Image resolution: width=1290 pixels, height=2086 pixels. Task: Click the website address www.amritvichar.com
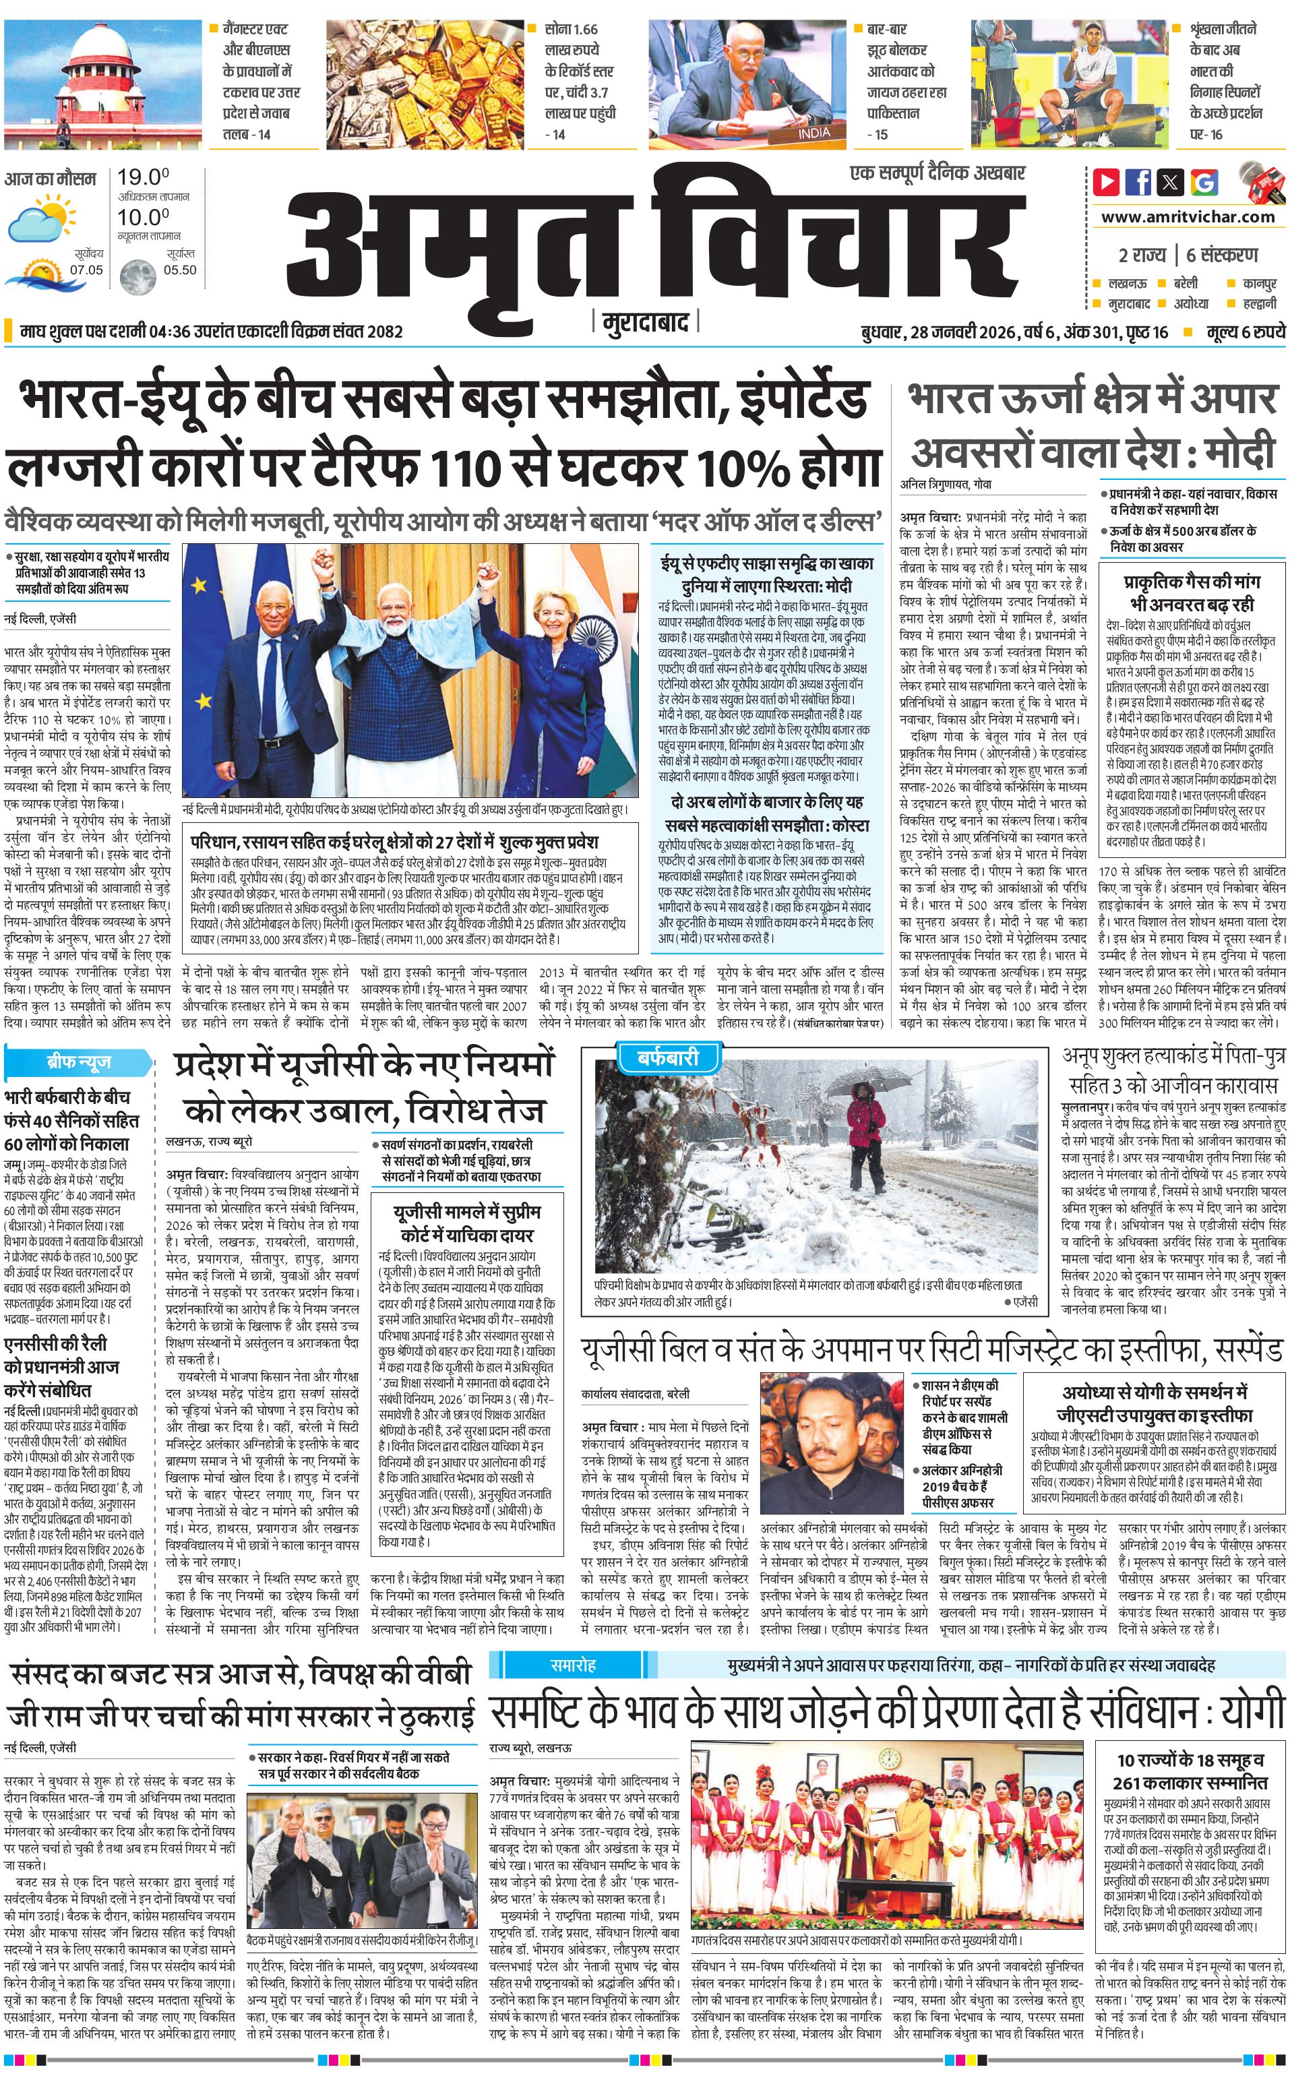pyautogui.click(x=1188, y=217)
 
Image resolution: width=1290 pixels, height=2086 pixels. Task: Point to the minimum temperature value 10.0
pyautogui.click(x=142, y=217)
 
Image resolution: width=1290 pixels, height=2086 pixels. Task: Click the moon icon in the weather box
pyautogui.click(x=137, y=277)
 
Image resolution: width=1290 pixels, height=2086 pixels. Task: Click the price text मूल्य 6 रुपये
pyautogui.click(x=1245, y=332)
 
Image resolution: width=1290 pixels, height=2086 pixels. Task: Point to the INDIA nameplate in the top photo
pyautogui.click(x=812, y=133)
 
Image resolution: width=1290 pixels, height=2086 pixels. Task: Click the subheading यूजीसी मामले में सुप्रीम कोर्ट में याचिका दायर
pyautogui.click(x=466, y=1223)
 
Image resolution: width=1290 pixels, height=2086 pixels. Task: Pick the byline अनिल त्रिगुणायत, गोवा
pyautogui.click(x=946, y=484)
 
